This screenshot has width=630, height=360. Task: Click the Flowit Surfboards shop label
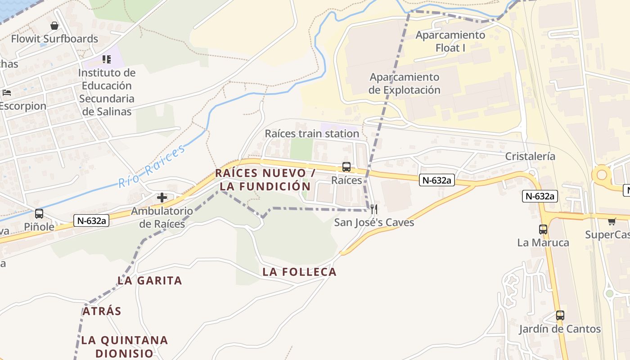coord(54,39)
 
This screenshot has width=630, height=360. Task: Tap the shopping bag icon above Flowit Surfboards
coord(54,26)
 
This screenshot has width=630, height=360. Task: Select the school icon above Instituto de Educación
coord(107,59)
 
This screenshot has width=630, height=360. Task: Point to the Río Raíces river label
coord(152,166)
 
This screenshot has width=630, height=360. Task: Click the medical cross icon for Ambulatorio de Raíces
coord(162,197)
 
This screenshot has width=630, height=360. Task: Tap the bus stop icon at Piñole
coord(39,214)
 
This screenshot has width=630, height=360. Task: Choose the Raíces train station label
coord(312,134)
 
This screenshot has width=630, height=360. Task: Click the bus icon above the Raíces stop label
coord(346,167)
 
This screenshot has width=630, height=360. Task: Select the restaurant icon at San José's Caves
coord(373,209)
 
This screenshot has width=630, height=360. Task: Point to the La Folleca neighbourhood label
coord(300,272)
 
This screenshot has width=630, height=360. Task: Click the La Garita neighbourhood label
coord(150,281)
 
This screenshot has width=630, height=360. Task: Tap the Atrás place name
coord(102,311)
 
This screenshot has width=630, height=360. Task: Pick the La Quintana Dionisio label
coord(125,346)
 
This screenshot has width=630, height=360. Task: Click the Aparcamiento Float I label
coord(450,41)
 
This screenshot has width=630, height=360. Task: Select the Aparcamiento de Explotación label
coord(405,84)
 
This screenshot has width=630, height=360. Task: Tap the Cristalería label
coord(530,157)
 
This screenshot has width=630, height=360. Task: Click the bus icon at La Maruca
coord(543,229)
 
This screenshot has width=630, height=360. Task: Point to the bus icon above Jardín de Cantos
coord(560,315)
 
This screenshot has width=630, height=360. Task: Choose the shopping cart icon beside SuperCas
coord(612,221)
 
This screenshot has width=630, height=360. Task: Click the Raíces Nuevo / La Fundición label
coord(265,180)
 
